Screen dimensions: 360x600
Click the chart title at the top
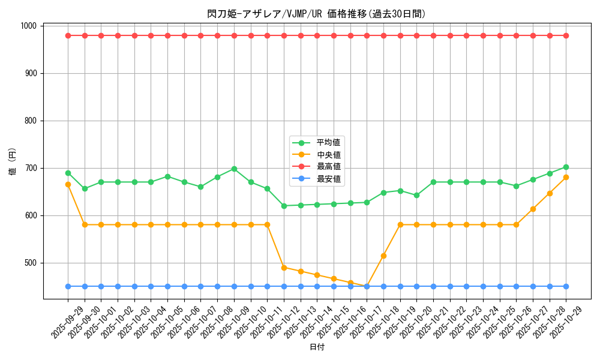click(317, 14)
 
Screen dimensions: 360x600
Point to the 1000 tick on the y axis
click(31, 26)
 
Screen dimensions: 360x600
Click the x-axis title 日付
click(317, 347)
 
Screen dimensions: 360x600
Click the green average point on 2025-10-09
click(234, 169)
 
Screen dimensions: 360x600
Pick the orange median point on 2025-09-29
click(68, 184)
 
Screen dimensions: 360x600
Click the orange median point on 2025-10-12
click(284, 268)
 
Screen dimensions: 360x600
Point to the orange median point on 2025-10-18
click(383, 256)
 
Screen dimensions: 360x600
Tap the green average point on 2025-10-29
click(566, 167)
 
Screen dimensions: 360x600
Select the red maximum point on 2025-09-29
click(68, 35)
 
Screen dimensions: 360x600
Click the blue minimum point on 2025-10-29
click(566, 286)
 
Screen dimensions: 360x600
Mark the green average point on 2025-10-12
click(284, 206)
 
